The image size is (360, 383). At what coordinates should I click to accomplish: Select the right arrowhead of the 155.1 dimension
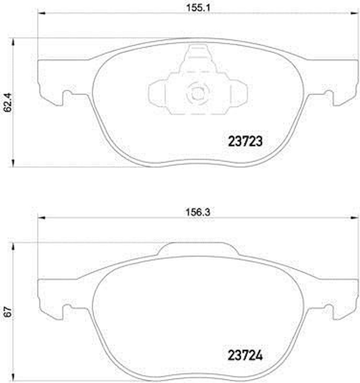[x=355, y=13]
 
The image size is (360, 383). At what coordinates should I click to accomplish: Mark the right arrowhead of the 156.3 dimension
[x=355, y=217]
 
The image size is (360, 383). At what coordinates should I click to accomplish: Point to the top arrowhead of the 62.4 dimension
[x=13, y=42]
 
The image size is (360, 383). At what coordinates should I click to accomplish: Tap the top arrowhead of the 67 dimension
[x=13, y=247]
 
